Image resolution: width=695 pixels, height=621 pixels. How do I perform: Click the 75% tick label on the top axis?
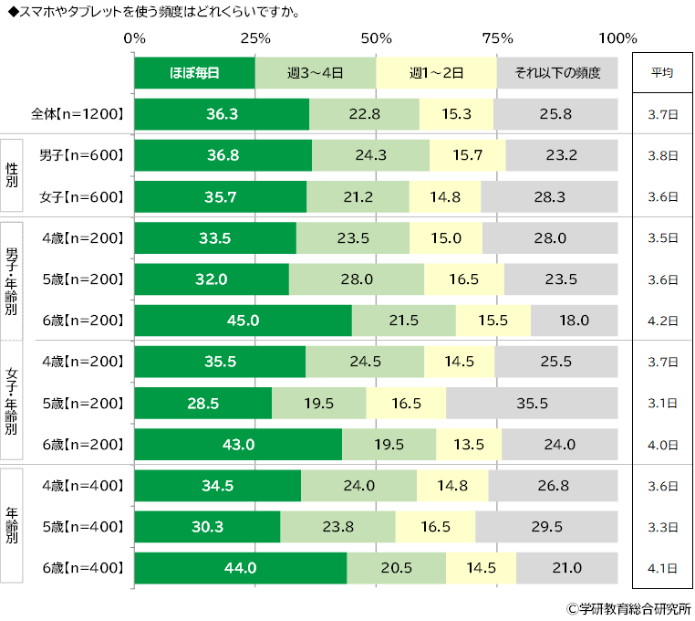[x=497, y=38]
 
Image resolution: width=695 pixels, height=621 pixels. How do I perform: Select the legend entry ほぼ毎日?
[x=194, y=73]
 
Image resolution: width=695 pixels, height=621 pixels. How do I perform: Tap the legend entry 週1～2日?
[x=436, y=73]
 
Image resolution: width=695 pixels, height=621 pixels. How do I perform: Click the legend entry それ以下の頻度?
[x=557, y=73]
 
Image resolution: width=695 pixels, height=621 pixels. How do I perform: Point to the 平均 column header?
[x=662, y=72]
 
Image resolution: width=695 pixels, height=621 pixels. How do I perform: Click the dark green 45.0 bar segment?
[x=244, y=321]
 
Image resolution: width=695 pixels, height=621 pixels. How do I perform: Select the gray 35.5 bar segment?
[x=532, y=403]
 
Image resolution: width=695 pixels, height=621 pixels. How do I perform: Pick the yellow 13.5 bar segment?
[x=469, y=445]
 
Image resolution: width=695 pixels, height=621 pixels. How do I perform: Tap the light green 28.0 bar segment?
[x=357, y=279]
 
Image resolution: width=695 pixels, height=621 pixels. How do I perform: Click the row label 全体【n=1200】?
[x=78, y=114]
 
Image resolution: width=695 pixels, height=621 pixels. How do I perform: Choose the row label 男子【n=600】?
[x=81, y=155]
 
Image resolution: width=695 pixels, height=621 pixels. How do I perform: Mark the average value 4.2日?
[x=663, y=321]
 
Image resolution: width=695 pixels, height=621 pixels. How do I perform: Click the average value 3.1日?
[x=663, y=403]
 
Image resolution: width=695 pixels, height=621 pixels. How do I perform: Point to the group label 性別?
[x=12, y=175]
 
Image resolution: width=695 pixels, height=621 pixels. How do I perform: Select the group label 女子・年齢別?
[x=12, y=401]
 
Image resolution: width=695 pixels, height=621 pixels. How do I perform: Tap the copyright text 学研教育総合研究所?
[x=634, y=609]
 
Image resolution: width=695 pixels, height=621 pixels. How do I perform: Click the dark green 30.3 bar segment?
[x=207, y=527]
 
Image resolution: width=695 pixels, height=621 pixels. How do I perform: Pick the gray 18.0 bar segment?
[x=574, y=321]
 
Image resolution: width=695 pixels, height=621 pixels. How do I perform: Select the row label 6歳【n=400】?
[x=83, y=568]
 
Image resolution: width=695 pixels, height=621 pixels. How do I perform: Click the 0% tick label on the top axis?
[x=134, y=38]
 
